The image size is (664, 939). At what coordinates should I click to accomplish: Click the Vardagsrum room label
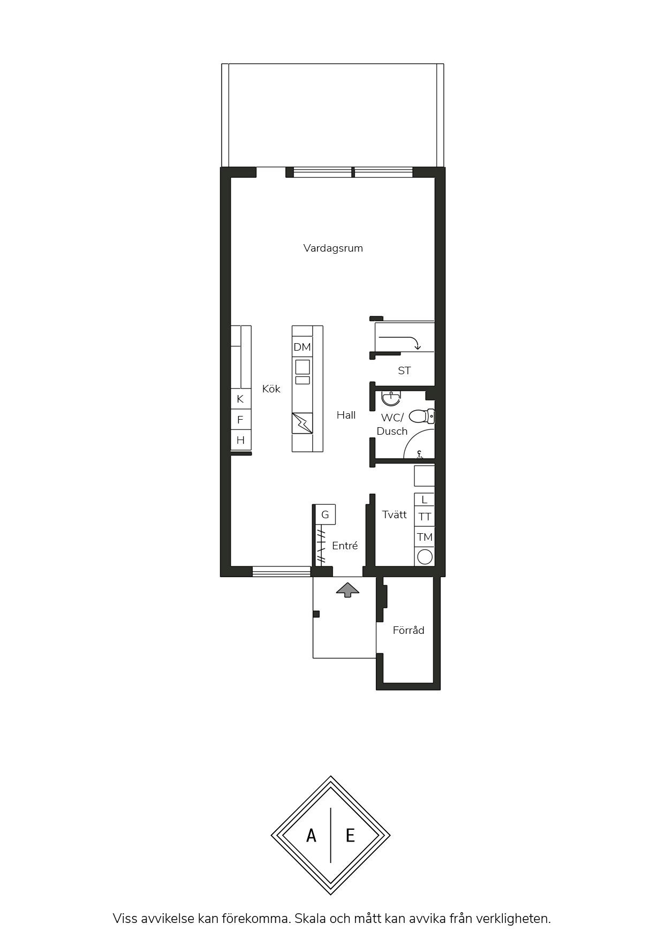tap(333, 248)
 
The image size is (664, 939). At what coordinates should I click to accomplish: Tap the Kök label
tap(271, 389)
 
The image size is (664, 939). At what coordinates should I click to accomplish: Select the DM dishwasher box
tap(302, 347)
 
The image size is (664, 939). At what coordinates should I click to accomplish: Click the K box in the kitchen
tap(240, 399)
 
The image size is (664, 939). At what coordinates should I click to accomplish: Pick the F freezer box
tap(240, 420)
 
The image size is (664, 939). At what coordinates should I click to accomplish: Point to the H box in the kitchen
tap(240, 440)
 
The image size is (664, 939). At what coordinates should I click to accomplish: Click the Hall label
tap(346, 415)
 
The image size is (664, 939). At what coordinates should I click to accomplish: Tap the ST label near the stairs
tap(404, 370)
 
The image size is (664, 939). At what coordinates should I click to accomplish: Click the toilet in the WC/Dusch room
tap(422, 416)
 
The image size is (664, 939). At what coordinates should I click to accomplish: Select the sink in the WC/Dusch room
tap(391, 397)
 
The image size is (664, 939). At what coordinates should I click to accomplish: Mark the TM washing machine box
tap(425, 537)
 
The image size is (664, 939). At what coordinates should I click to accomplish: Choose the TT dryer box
tap(425, 517)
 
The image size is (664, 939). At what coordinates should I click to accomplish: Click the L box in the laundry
tap(425, 499)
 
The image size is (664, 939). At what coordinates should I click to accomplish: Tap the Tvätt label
tap(394, 514)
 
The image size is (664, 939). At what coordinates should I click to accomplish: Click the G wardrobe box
tap(325, 514)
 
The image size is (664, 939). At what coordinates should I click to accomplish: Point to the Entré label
tap(345, 546)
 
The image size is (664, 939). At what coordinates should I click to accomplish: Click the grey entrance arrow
tap(348, 589)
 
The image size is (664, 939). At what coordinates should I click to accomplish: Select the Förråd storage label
tap(409, 630)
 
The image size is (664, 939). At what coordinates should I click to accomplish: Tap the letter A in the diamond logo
tap(311, 835)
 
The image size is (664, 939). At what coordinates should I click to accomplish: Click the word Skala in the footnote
tap(312, 919)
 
